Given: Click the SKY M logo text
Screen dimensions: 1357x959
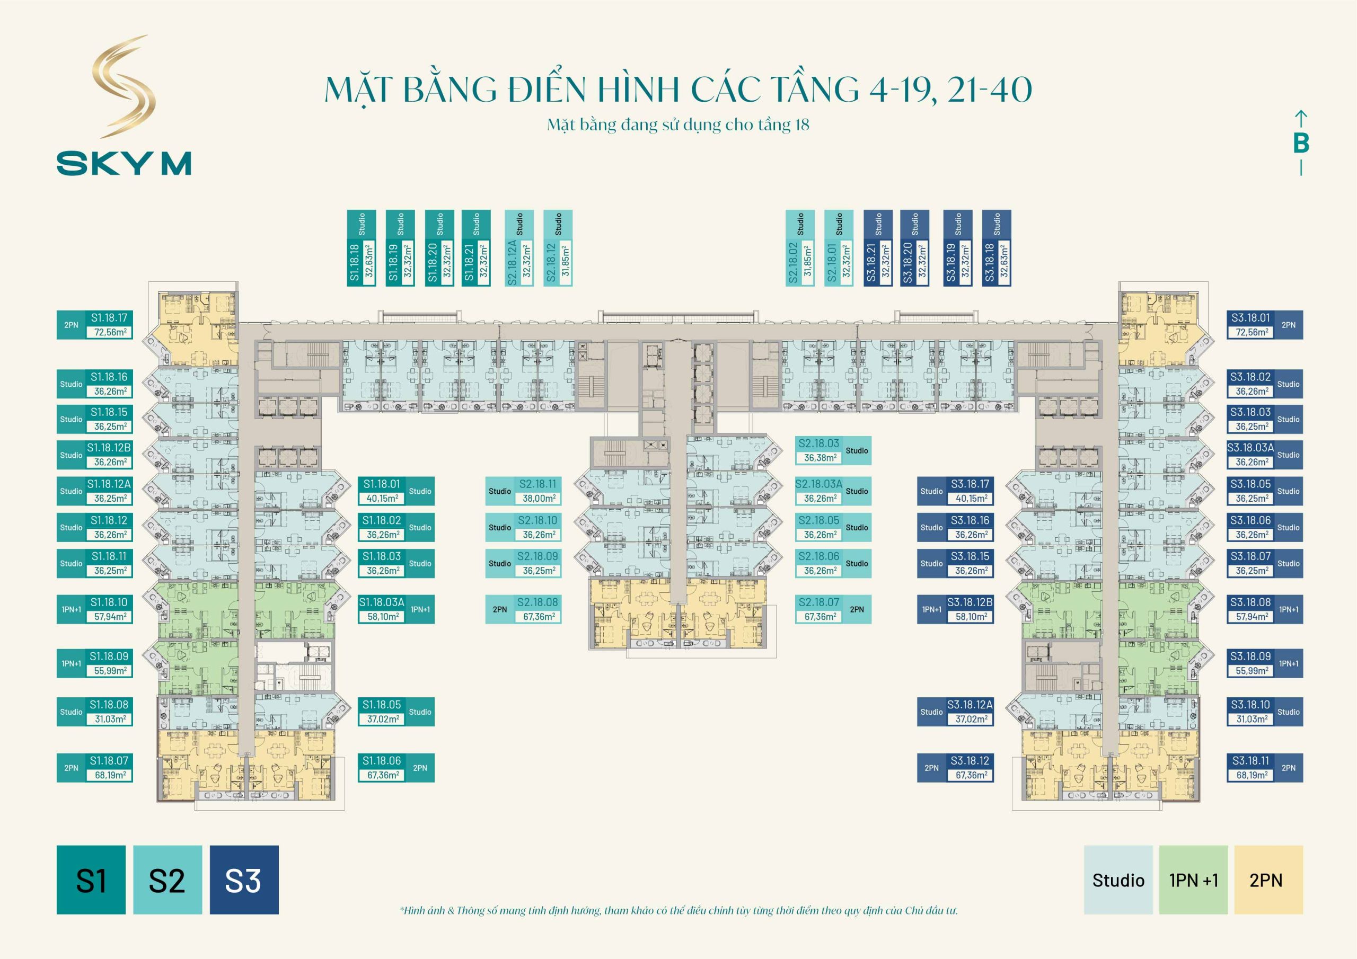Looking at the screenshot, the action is (124, 163).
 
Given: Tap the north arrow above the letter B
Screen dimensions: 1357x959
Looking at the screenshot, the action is (1301, 118).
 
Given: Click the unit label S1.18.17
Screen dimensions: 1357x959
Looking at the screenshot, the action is (109, 318).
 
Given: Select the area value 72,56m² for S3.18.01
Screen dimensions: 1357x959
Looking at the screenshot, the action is (1252, 333).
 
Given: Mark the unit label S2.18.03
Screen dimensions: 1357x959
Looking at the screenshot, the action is (818, 443).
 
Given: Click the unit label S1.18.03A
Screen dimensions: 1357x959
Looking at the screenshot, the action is (382, 602).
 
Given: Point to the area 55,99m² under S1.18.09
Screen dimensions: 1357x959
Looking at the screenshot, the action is (110, 671).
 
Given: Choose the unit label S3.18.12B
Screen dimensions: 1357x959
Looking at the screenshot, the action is (970, 602).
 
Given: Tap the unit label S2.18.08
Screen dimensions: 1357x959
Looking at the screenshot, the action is (537, 602).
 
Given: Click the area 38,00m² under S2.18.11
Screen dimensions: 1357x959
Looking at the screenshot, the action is (539, 499).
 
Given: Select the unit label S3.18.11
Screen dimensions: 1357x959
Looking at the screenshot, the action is (1250, 760).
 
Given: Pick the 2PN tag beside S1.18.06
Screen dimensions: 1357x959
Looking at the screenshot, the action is (420, 768).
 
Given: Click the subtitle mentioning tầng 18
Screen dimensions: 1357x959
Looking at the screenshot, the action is (678, 125).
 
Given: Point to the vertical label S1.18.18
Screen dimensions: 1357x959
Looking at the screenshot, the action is (355, 262).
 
